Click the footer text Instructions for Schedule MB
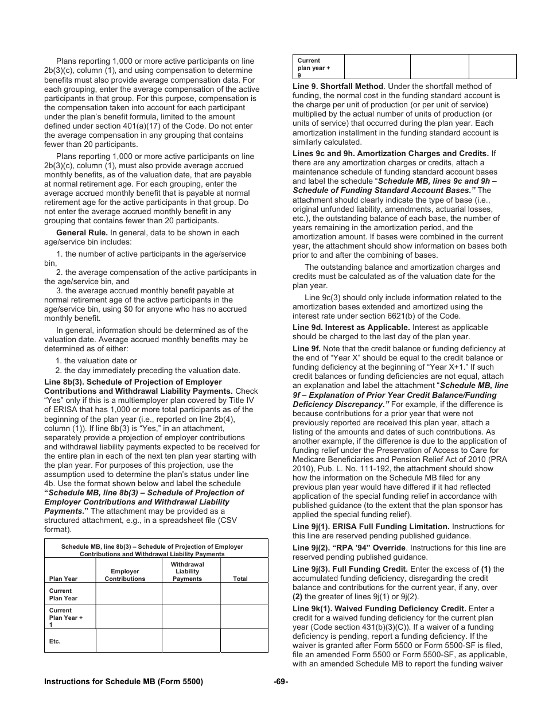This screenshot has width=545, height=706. [x=123, y=681]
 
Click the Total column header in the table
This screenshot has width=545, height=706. [x=240, y=579]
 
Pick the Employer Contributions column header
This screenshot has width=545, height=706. [x=125, y=575]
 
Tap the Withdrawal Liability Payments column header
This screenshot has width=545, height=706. [x=188, y=572]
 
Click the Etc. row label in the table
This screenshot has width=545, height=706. [x=55, y=641]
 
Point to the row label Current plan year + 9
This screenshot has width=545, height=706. [x=313, y=68]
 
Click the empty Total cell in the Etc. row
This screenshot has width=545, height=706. [x=244, y=641]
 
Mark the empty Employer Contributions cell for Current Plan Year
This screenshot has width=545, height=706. [x=129, y=593]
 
